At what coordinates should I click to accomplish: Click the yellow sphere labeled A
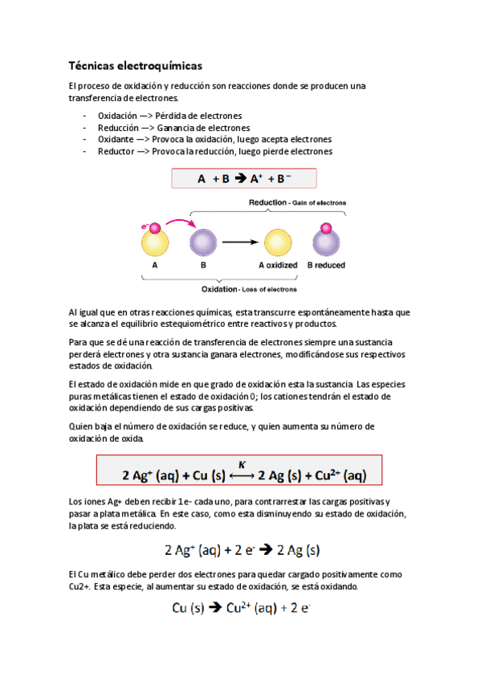tap(154, 241)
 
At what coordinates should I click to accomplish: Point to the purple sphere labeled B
tap(203, 241)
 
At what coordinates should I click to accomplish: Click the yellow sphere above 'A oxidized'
tap(278, 242)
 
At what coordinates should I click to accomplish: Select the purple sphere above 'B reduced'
tap(324, 243)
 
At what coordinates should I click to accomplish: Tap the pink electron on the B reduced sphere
tap(325, 229)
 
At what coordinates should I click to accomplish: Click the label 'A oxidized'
tap(278, 264)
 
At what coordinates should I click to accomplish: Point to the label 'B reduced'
tap(325, 264)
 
